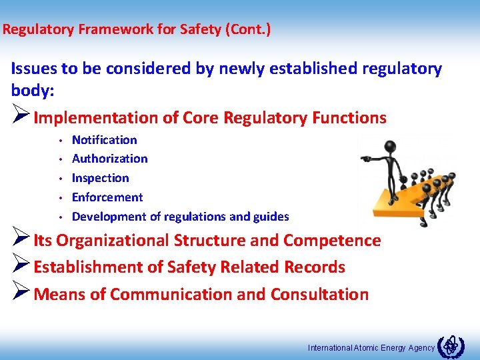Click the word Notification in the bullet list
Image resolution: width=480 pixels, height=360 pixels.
(104, 140)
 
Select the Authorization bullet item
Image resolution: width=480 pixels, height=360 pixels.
(109, 159)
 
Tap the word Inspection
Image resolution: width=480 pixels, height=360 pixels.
(100, 178)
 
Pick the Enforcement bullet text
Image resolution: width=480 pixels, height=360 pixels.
(107, 197)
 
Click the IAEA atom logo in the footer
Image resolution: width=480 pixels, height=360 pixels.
(451, 345)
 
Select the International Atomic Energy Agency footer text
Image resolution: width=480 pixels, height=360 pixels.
(371, 347)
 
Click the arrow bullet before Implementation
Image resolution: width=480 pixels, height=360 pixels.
(20, 117)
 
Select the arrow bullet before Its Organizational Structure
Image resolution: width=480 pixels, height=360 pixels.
(20, 240)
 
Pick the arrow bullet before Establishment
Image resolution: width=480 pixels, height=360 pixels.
(20, 267)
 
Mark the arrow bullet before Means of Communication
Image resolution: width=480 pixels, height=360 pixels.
(20, 294)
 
